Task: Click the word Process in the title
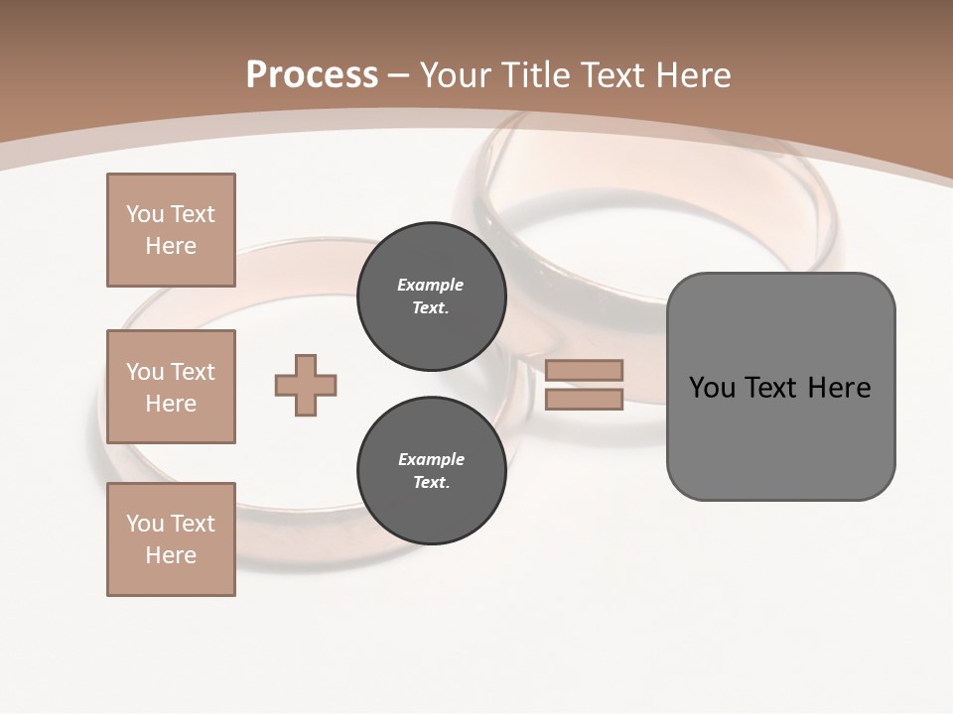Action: tap(312, 75)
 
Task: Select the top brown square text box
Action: tap(171, 230)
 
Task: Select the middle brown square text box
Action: tap(171, 387)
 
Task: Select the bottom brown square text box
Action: tap(171, 539)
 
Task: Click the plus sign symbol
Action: tap(306, 385)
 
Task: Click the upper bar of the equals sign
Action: tap(585, 370)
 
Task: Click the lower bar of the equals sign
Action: tap(585, 400)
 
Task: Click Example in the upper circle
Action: tap(431, 285)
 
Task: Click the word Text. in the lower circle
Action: tap(431, 483)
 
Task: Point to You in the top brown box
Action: tap(144, 214)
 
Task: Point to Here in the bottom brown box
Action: tap(171, 555)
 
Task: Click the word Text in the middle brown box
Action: tap(192, 372)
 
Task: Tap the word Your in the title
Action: tap(458, 75)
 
